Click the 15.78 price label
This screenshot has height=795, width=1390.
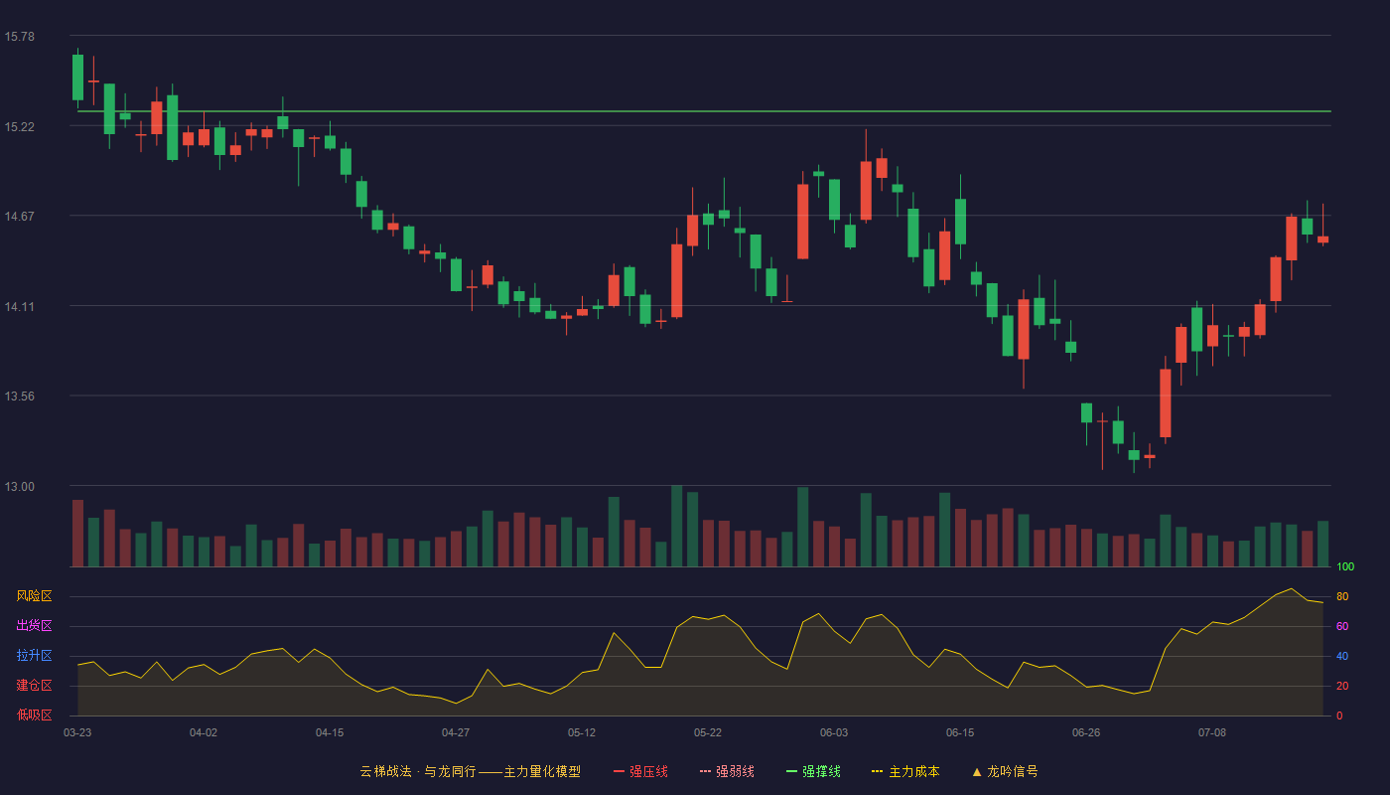coord(20,37)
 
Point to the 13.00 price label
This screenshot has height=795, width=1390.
coord(20,486)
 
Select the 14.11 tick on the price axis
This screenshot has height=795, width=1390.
coord(20,306)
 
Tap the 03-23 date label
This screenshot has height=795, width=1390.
coord(77,733)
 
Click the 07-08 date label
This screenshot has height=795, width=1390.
coord(1212,733)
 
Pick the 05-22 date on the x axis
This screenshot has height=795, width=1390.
coord(707,733)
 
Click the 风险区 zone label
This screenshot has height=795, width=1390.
coord(34,596)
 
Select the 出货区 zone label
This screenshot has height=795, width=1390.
coord(34,625)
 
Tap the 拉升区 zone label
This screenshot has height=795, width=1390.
coord(34,655)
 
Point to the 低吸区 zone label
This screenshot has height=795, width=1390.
coord(34,715)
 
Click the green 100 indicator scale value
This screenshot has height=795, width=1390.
coord(1345,566)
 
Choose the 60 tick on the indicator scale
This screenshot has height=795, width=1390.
coord(1342,626)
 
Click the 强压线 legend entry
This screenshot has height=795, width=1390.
coord(640,771)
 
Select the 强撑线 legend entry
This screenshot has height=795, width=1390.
coord(813,771)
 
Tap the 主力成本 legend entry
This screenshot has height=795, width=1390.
coord(905,771)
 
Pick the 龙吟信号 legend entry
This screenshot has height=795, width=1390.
coord(1005,771)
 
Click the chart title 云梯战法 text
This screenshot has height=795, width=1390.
coord(386,771)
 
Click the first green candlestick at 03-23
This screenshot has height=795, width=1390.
coord(77,78)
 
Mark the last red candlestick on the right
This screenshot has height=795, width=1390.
coord(1322,239)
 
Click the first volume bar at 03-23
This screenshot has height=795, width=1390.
coord(77,533)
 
